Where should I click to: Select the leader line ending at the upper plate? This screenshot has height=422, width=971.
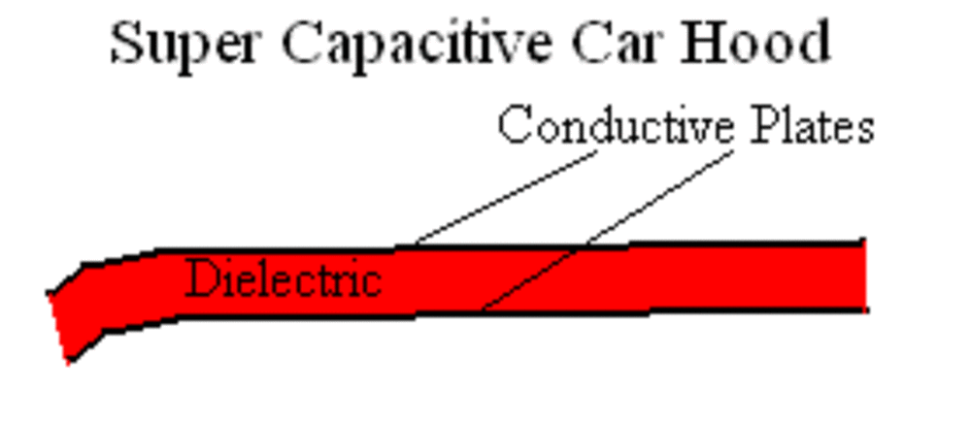coord(505,198)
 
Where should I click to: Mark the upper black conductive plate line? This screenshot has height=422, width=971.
coord(680,243)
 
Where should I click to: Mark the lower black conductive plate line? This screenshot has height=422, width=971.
coord(680,310)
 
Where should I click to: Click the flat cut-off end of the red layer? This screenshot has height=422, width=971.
coord(864,276)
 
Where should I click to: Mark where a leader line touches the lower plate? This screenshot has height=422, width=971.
coord(483,311)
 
